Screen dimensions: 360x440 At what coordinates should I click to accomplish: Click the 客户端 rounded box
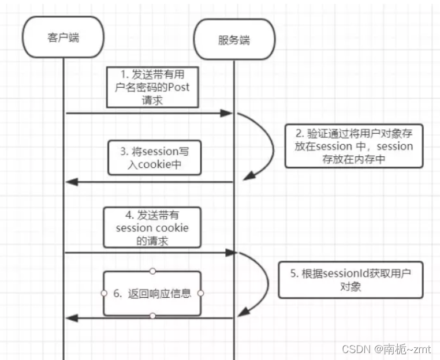click(63, 39)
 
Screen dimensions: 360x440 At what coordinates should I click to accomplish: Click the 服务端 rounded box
click(234, 40)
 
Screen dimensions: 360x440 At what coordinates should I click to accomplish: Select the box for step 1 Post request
click(153, 87)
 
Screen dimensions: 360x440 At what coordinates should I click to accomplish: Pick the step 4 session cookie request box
click(152, 228)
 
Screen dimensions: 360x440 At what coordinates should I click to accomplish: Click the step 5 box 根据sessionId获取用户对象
click(350, 280)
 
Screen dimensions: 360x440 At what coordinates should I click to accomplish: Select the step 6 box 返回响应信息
click(152, 293)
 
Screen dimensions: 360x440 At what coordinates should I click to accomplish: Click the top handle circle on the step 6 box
click(152, 271)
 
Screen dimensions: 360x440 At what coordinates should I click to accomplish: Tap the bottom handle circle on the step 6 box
click(152, 316)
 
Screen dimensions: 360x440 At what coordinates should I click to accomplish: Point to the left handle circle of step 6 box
click(104, 293)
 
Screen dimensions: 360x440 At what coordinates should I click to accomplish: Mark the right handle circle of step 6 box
click(201, 293)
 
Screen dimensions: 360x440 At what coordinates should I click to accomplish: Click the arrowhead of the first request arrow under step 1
click(227, 114)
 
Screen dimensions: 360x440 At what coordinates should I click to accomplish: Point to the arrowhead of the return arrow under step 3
click(72, 182)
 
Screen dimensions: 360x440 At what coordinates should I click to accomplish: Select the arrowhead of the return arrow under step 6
click(72, 318)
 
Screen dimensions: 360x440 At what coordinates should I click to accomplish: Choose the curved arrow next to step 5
click(265, 283)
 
